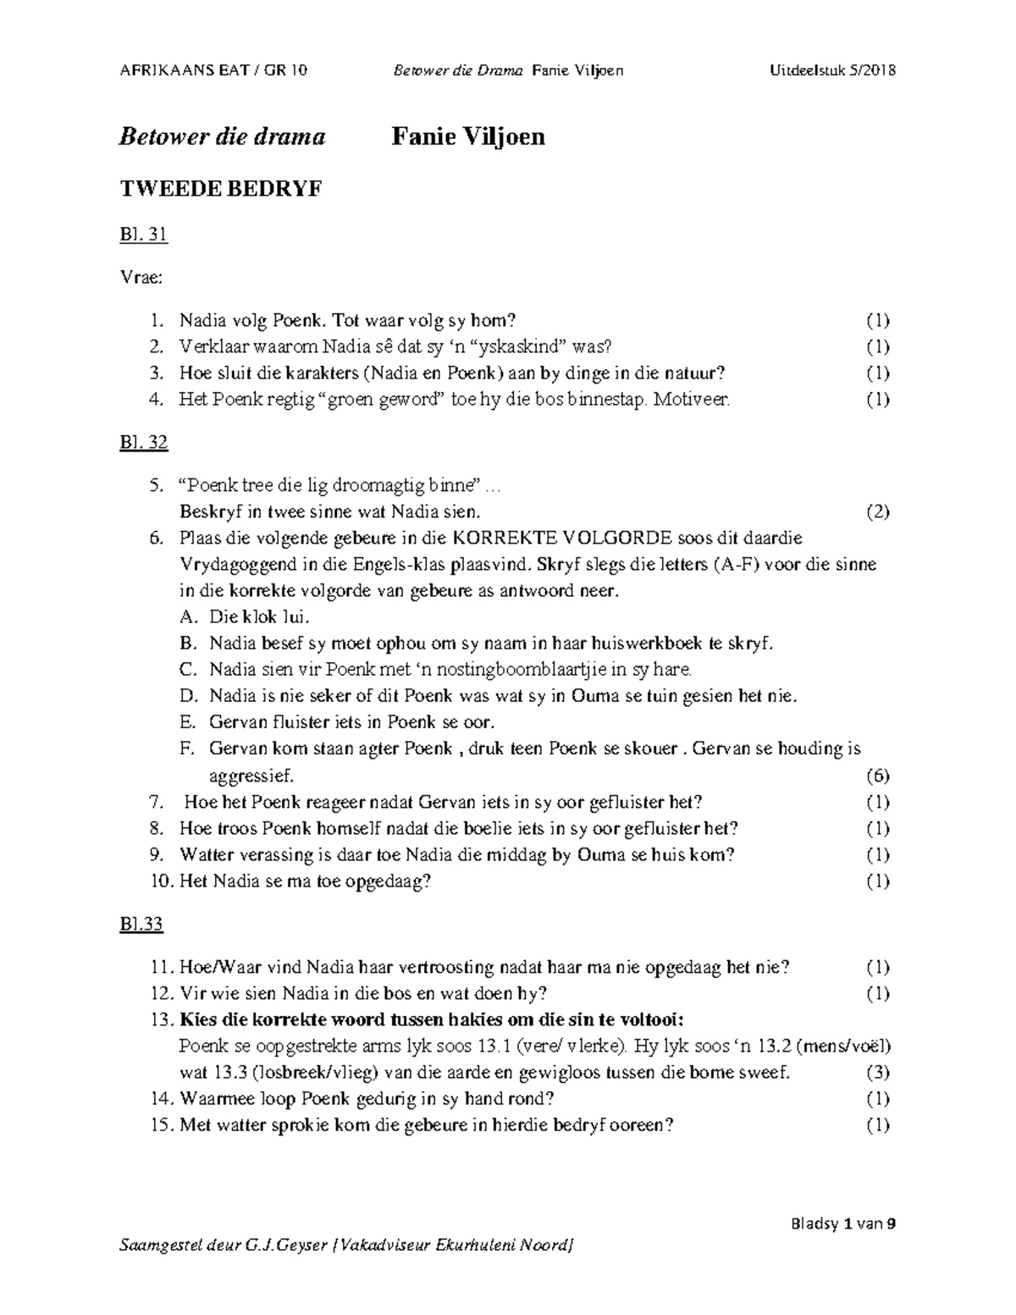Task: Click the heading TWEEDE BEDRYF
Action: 220,189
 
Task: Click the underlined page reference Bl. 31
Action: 144,235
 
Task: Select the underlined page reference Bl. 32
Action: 144,442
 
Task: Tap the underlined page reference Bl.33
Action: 141,924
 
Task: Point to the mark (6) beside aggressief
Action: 878,776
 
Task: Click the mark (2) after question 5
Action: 878,511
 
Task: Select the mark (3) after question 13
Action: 878,1073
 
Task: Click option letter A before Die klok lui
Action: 187,617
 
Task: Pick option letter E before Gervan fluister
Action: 187,722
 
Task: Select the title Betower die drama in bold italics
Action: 222,136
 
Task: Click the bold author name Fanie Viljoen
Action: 467,136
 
